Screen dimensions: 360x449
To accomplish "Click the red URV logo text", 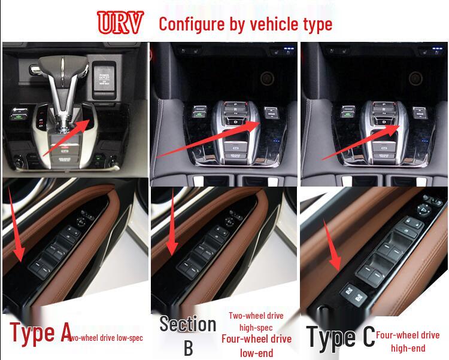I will [120, 23].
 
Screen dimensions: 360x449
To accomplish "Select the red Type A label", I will [40, 332].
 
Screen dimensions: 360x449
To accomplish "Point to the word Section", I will [187, 324].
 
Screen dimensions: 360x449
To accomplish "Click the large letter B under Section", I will [187, 348].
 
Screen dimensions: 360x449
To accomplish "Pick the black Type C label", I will [341, 336].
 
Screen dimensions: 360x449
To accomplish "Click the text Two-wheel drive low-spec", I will [107, 338].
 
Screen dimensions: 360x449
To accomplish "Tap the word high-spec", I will [256, 327].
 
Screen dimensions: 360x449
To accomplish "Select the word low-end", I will [256, 352].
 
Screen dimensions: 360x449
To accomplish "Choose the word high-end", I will [408, 348].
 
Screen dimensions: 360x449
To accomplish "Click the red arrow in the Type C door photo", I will [332, 245].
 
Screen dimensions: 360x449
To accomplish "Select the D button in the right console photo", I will [384, 122].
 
